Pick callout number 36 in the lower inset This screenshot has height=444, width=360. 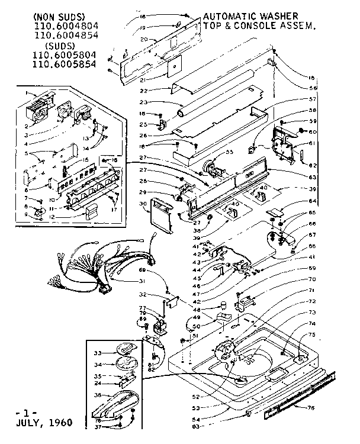98,395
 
